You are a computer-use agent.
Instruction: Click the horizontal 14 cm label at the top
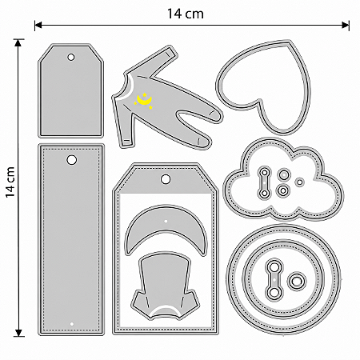[186, 14]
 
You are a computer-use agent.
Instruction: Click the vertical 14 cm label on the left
[10, 182]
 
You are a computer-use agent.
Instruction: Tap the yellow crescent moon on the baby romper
[144, 101]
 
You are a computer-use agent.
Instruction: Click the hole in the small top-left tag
[71, 57]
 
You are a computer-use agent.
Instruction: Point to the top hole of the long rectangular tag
[71, 160]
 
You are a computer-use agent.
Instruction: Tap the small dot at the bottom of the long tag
[71, 324]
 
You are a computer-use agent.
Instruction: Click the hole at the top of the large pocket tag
[166, 179]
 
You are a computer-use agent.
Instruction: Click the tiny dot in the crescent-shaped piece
[166, 221]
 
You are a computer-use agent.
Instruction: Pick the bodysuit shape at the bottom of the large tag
[166, 286]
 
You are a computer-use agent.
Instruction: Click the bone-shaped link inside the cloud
[265, 182]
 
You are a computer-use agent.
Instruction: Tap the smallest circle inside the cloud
[300, 182]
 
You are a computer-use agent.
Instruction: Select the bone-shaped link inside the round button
[274, 278]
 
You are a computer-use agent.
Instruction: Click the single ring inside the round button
[296, 281]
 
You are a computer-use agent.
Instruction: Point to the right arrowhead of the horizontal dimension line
[346, 26]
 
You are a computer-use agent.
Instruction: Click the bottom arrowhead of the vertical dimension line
[18, 332]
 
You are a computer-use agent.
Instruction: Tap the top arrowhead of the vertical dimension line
[18, 43]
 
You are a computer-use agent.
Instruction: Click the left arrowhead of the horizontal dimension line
[38, 26]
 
